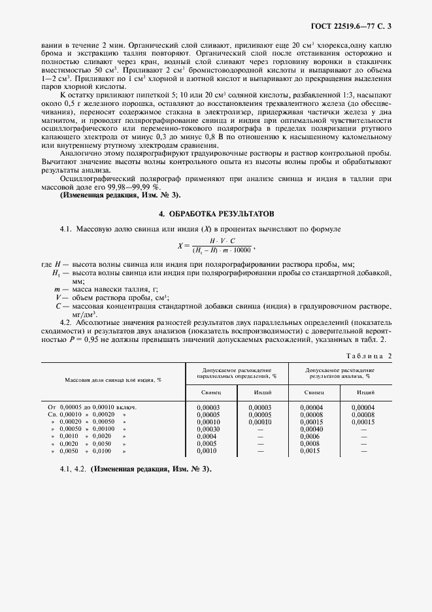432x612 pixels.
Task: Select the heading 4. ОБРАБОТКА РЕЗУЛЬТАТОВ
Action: (x=216, y=214)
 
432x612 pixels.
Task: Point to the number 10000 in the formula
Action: (x=241, y=249)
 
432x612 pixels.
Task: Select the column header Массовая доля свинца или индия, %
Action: (x=112, y=379)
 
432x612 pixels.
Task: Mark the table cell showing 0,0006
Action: (x=310, y=436)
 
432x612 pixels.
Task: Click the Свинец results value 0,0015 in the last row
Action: (x=310, y=450)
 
